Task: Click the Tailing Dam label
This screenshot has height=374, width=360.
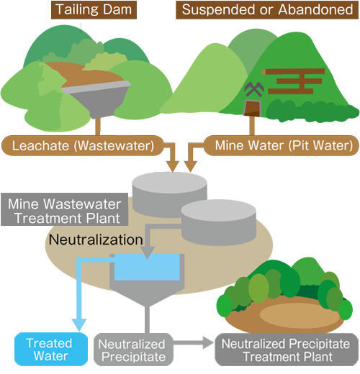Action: click(94, 10)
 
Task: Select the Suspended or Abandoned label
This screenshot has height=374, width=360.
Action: click(267, 10)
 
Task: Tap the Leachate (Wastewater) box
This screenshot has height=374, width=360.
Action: click(83, 145)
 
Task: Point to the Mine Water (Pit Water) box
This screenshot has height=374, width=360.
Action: click(282, 145)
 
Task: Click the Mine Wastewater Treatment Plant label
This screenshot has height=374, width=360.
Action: click(64, 209)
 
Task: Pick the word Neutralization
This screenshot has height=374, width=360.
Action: click(96, 240)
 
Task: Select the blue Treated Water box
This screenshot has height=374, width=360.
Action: click(51, 349)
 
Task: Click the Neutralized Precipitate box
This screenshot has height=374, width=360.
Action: click(133, 350)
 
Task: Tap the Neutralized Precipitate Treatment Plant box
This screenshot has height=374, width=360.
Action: click(287, 350)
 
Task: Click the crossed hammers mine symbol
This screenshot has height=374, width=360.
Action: click(254, 89)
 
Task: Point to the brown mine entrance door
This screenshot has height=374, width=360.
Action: click(252, 108)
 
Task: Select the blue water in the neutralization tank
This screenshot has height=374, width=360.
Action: click(147, 267)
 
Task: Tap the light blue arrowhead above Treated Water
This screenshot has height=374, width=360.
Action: click(79, 325)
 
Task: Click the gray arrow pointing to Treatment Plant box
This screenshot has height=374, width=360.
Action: click(194, 342)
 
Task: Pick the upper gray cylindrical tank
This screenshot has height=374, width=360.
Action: click(169, 194)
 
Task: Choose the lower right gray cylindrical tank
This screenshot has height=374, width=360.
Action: click(218, 222)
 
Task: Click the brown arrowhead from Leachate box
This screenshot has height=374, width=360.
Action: click(173, 166)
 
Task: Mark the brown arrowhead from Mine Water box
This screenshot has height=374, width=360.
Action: click(191, 166)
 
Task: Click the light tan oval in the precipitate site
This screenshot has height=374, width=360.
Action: click(300, 315)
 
